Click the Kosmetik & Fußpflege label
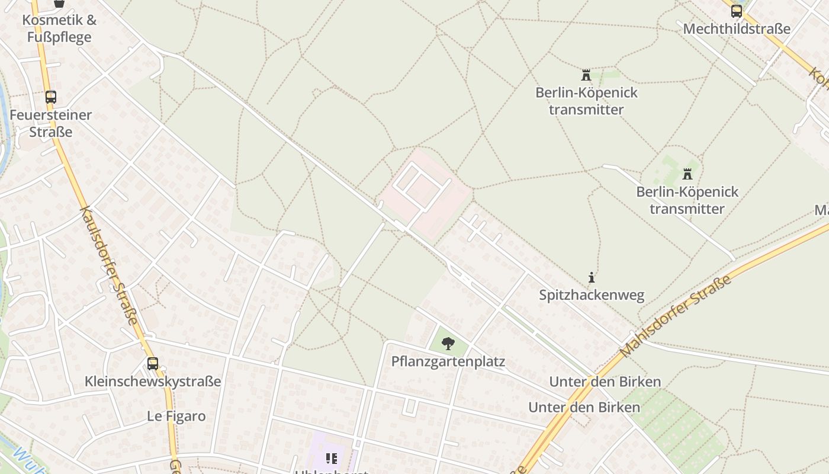[x=59, y=28]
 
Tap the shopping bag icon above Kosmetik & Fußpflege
[x=59, y=3]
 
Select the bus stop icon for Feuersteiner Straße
[x=51, y=97]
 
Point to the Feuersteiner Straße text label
[x=51, y=123]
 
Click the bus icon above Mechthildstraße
[x=736, y=11]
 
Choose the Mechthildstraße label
[x=737, y=29]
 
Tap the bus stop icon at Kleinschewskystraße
[x=153, y=363]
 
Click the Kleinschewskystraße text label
[x=153, y=382]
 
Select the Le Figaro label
[x=176, y=417]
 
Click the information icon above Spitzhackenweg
[x=591, y=277]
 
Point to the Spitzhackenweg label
[x=591, y=295]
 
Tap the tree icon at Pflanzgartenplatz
[x=448, y=343]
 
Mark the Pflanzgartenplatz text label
[x=448, y=361]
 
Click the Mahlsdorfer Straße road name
[x=676, y=316]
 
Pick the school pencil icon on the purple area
[x=332, y=458]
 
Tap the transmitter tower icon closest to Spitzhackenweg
[x=687, y=174]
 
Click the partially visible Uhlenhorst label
[x=332, y=472]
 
